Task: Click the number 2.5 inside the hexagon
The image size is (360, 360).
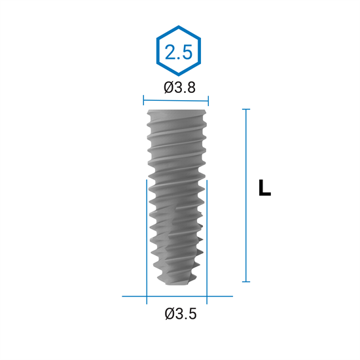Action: [x=179, y=52]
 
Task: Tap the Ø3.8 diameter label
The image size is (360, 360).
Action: [x=179, y=88]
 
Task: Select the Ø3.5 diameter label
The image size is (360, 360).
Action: [x=181, y=314]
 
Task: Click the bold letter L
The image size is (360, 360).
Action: [x=264, y=188]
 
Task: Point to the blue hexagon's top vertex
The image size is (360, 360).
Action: [x=179, y=26]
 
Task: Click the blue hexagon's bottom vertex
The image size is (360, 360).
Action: [x=179, y=75]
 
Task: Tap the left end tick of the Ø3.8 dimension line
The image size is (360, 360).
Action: [x=143, y=100]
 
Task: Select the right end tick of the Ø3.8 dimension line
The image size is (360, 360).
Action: [x=208, y=101]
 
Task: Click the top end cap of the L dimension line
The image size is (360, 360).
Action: [x=246, y=109]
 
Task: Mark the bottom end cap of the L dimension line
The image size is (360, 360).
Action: [x=246, y=281]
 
